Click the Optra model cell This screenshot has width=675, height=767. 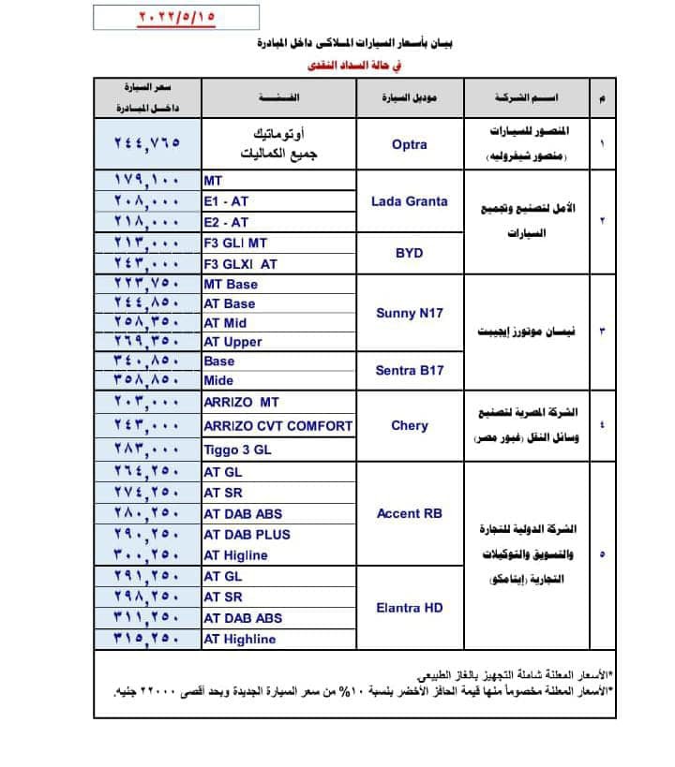409,144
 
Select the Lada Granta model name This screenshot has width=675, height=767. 409,200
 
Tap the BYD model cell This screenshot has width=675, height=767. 409,253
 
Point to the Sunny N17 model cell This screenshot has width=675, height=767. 409,313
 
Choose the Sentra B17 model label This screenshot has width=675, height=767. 409,370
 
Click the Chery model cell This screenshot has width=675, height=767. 409,425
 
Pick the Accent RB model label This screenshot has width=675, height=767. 409,513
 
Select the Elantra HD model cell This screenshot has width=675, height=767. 409,608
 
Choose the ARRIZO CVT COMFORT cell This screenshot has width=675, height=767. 278,426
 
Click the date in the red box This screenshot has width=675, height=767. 154,18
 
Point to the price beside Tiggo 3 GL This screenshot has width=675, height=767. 146,450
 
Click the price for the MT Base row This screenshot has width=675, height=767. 146,285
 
